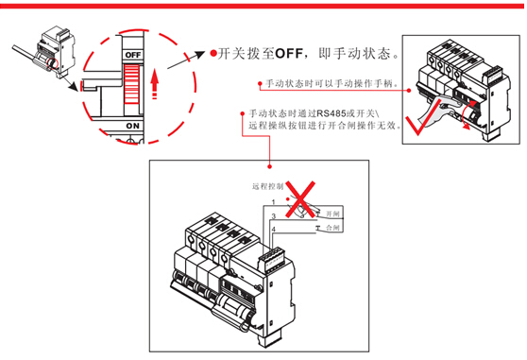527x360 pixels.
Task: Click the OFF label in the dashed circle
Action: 133,55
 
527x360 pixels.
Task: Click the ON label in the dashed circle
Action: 133,126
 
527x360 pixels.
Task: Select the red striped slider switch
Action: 131,84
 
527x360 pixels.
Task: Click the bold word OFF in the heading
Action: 289,54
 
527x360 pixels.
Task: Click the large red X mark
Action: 300,199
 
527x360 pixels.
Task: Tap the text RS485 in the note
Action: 331,113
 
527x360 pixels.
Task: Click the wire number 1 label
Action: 273,202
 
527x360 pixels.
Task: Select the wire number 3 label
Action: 274,216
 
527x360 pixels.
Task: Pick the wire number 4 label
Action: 274,230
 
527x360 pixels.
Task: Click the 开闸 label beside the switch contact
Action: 332,214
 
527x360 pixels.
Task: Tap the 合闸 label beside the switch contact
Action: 332,228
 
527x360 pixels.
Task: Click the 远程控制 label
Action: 268,186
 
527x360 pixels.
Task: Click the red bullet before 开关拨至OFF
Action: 213,53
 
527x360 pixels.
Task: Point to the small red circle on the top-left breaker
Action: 53,63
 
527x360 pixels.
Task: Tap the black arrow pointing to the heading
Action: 186,60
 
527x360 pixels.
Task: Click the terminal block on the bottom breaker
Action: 273,259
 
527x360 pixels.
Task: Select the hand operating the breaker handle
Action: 437,110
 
